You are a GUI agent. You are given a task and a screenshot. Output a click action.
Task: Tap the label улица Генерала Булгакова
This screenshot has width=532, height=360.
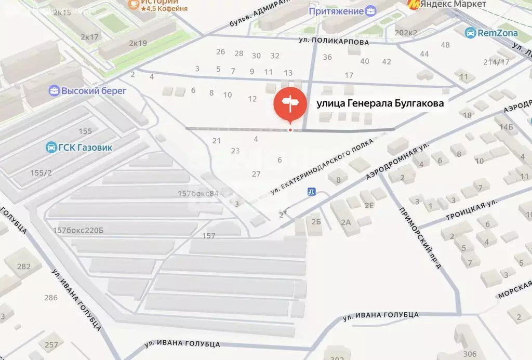tap(380, 103)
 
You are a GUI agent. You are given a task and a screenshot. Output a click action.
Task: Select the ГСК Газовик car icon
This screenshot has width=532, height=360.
tap(51, 147)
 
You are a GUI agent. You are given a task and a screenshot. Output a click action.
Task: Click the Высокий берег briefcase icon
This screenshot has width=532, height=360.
tap(54, 91)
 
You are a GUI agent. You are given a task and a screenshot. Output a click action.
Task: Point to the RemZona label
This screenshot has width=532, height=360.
tap(498, 33)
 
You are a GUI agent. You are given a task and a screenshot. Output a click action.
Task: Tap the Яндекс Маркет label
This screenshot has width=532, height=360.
tap(454, 4)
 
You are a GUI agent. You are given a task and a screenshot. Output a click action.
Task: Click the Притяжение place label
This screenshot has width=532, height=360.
tap(336, 11)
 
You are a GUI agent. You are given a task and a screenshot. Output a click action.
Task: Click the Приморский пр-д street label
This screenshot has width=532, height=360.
tap(421, 237)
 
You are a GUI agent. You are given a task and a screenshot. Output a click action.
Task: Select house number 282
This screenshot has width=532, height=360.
tap(24, 266)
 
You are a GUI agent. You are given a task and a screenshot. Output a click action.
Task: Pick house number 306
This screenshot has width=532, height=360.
tap(469, 354)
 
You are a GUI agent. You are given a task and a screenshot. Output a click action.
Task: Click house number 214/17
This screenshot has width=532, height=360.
tap(497, 62)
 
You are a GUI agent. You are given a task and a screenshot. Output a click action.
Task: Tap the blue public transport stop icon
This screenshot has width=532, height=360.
tap(311, 192)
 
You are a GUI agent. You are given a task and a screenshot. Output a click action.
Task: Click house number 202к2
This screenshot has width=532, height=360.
tap(406, 33)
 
